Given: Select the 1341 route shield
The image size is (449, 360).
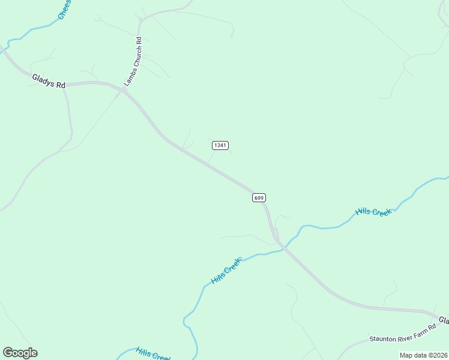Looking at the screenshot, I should click(220, 145).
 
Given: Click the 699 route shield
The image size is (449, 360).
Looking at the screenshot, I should click(259, 197).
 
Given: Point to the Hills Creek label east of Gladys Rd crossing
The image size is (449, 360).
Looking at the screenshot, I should click(373, 212).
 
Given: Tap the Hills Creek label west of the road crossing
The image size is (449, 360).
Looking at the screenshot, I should click(226, 272).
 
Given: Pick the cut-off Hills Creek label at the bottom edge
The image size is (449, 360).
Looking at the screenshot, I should click(153, 354).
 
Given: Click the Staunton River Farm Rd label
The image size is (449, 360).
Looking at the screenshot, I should click(402, 339).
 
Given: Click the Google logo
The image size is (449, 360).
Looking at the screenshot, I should click(20, 352).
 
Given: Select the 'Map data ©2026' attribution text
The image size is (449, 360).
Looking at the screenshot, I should click(423, 355).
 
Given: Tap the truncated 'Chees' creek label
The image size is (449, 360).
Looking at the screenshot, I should click(65, 10).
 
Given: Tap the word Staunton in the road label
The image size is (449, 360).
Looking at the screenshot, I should click(383, 340).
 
